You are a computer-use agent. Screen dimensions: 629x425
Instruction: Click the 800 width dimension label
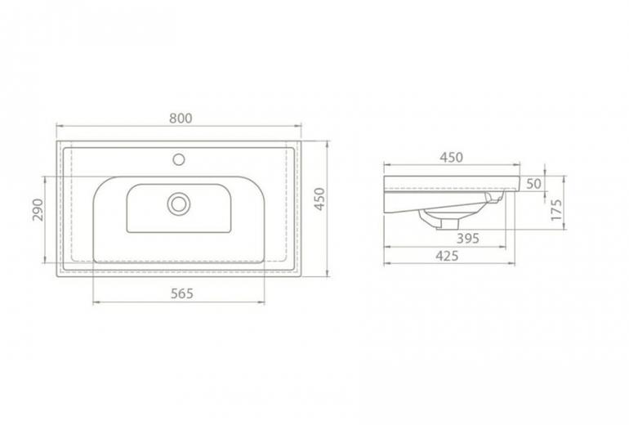pos(181,119)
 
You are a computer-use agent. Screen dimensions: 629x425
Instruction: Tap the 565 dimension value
pos(182,293)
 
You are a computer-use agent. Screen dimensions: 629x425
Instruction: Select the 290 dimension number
pos(38,209)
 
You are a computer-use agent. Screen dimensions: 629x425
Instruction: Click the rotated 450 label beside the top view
pos(319,199)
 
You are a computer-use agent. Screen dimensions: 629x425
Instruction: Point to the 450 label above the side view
pos(451,157)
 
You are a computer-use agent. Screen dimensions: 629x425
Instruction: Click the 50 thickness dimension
pos(533,184)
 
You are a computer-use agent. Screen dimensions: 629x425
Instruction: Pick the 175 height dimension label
pos(556,209)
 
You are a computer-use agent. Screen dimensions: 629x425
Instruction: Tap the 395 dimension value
pos(468,239)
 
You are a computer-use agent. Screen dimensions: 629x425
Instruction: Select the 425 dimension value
pos(447,256)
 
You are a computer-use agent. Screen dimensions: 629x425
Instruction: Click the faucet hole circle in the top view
pos(179,159)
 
